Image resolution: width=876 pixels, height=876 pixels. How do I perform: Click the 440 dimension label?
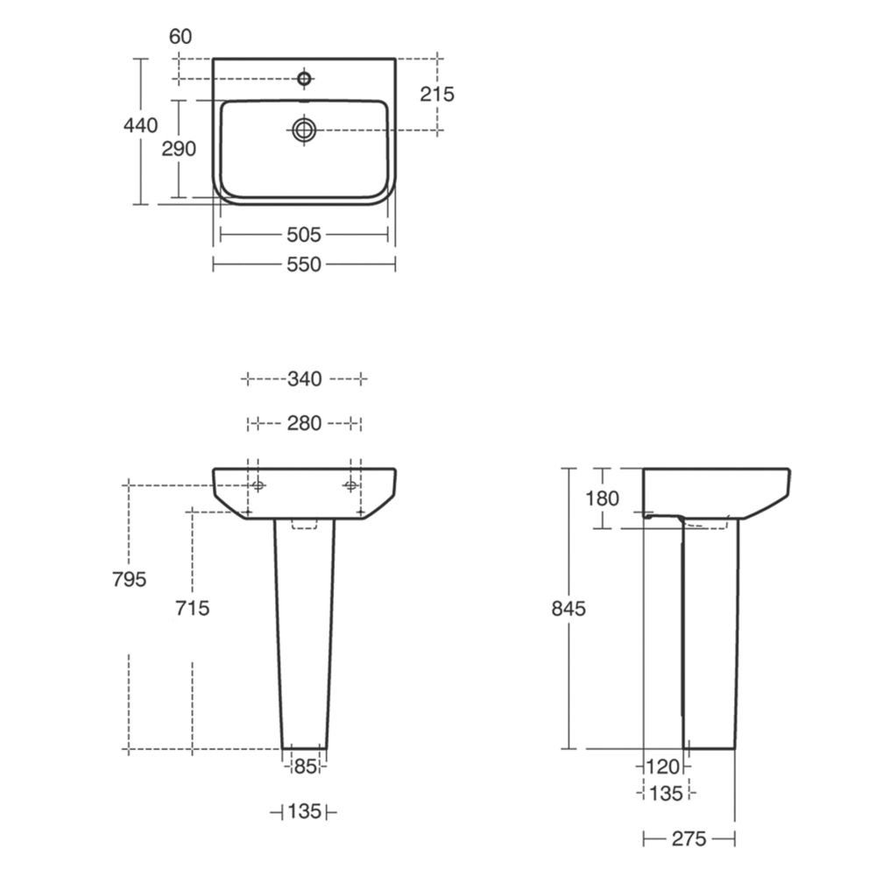141,125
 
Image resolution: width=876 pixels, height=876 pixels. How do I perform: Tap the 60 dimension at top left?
180,36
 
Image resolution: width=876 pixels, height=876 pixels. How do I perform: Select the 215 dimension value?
437,94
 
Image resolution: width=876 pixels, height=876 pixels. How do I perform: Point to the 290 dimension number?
179,149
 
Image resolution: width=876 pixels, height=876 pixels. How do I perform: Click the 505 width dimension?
304,235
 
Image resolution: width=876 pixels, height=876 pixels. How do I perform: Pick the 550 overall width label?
304,265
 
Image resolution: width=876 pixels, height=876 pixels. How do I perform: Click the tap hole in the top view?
304,79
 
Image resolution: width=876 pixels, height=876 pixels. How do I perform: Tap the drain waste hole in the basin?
304,131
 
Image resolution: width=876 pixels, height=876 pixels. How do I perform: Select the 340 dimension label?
305,379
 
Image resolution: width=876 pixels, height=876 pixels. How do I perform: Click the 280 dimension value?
305,423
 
